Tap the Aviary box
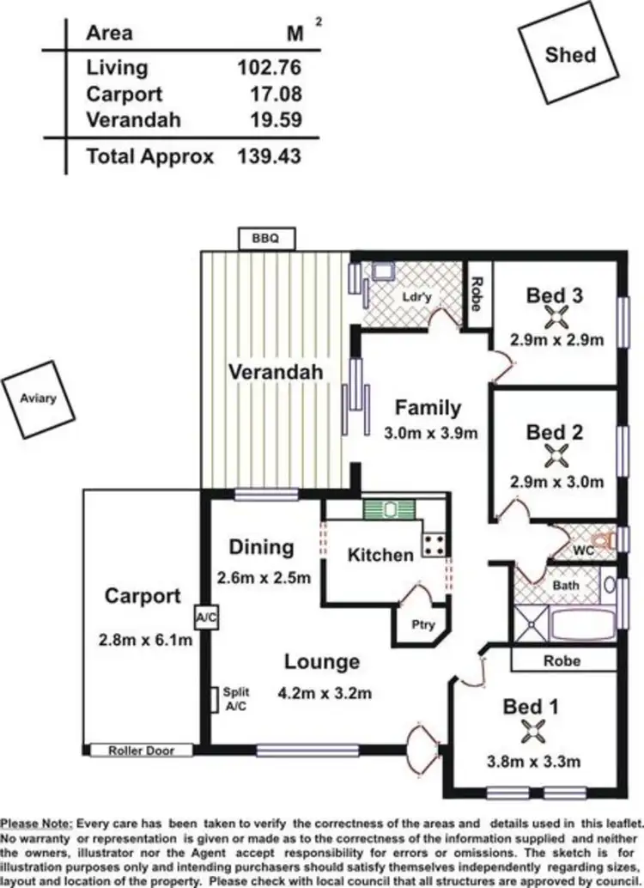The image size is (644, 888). (39, 398)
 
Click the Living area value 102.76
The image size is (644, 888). (269, 67)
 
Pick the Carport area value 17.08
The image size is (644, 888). (274, 94)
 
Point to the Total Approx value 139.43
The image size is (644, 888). (269, 155)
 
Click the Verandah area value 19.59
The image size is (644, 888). (274, 120)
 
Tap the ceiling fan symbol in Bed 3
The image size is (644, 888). (556, 317)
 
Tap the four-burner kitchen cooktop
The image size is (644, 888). (434, 543)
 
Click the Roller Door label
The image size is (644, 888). (141, 751)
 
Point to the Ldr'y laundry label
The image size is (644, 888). (416, 297)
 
